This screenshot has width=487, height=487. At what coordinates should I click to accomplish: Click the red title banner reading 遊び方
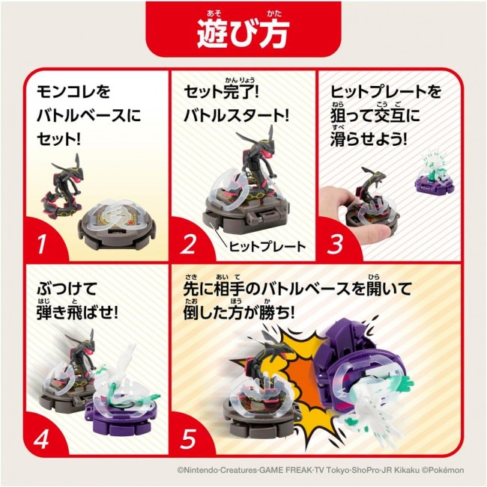pos(243,28)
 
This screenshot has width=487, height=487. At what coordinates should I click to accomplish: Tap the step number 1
pos(41,244)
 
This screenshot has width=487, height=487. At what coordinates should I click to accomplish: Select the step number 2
pos(189,244)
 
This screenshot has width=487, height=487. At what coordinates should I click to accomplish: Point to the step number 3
pos(335,244)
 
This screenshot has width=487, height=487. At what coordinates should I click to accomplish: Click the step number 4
pos(42,438)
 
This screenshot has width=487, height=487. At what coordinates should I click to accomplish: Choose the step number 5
pos(189,438)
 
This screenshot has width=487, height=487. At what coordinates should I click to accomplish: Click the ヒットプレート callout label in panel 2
pos(267,247)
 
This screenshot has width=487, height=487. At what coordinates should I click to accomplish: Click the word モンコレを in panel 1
pos(73,92)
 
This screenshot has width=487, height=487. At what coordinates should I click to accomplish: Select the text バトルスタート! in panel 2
pos(237,116)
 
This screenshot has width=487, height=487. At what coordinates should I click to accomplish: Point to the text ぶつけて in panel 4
pos(67,290)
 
